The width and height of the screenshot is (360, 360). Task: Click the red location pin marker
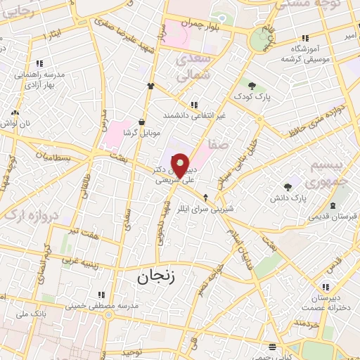click(180, 165)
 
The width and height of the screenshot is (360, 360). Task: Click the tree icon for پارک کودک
click(252, 86)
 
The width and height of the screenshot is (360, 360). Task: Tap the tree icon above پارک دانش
click(288, 187)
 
